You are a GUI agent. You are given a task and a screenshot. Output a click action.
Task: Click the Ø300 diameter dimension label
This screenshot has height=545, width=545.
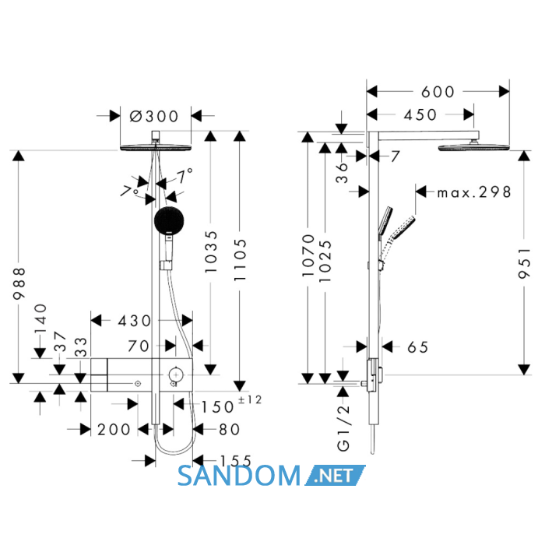pyautogui.click(x=154, y=116)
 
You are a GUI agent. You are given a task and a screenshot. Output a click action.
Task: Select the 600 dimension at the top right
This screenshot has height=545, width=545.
pyautogui.click(x=438, y=92)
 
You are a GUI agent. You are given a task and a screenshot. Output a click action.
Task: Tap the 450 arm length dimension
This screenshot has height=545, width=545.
pyautogui.click(x=420, y=114)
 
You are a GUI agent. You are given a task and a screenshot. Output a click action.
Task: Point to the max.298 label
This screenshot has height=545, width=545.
pyautogui.click(x=474, y=192)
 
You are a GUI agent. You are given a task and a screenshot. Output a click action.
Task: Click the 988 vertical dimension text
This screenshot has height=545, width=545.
pyautogui.click(x=19, y=283)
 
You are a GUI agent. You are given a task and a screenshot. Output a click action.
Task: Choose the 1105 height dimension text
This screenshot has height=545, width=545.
pyautogui.click(x=240, y=259)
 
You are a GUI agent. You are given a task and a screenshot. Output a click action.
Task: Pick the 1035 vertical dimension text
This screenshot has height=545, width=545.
pyautogui.click(x=211, y=251)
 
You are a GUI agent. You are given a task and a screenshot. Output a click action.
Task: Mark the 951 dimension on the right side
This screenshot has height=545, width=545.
pyautogui.click(x=525, y=263)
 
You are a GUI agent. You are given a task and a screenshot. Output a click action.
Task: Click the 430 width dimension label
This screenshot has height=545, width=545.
pyautogui.click(x=135, y=321)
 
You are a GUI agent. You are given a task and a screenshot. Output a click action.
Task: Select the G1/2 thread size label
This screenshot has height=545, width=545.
pyautogui.click(x=343, y=428)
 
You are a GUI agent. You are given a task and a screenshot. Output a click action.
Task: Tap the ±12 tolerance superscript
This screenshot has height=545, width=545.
pyautogui.click(x=250, y=399)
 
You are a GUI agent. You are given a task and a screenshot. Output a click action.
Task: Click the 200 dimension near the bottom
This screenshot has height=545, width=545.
pyautogui.click(x=114, y=430)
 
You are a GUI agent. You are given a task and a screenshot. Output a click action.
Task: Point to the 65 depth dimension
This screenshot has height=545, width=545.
pyautogui.click(x=417, y=347)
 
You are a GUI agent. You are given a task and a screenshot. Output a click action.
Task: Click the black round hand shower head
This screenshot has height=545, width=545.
pyautogui.click(x=169, y=220)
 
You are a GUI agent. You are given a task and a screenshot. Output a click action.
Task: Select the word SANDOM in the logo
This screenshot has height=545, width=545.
pyautogui.click(x=239, y=476)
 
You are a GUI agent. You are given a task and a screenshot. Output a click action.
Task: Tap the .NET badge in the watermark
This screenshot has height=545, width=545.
pyautogui.click(x=334, y=475)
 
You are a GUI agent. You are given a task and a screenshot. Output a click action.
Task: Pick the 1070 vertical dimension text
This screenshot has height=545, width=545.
pyautogui.click(x=308, y=255)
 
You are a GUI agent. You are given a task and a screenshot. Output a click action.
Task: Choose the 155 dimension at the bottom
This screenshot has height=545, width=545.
pyautogui.click(x=235, y=461)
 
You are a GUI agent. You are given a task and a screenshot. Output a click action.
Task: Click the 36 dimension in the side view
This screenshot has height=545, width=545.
pyautogui.click(x=342, y=173)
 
